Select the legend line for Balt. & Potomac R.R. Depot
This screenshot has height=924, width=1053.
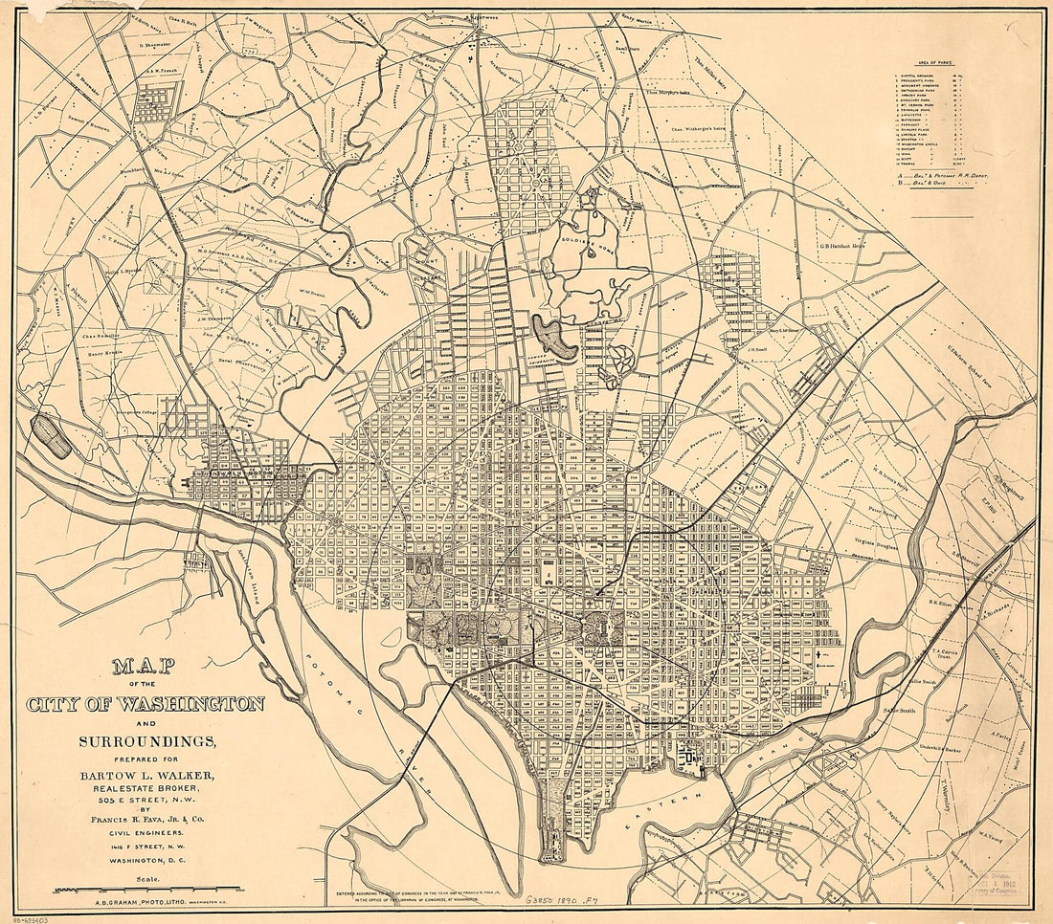[943, 176]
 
